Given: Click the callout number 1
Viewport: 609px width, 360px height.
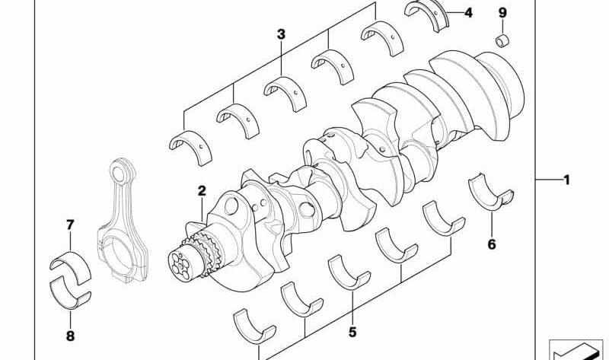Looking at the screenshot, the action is (566, 180).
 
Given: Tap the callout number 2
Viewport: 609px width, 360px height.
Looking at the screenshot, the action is (202, 191).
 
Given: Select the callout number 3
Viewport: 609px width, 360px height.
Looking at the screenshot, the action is (281, 34).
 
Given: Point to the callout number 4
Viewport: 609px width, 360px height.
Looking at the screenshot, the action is (468, 13).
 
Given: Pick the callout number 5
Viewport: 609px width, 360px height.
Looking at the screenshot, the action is (352, 332).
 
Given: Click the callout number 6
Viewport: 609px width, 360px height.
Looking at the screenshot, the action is (492, 244).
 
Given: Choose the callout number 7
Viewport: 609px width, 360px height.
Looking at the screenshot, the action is (70, 225).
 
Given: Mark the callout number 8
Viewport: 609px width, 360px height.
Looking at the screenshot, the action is (70, 336).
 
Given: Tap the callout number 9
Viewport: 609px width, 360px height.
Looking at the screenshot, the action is (502, 13).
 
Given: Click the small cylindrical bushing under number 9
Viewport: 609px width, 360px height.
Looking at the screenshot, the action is (502, 41).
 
